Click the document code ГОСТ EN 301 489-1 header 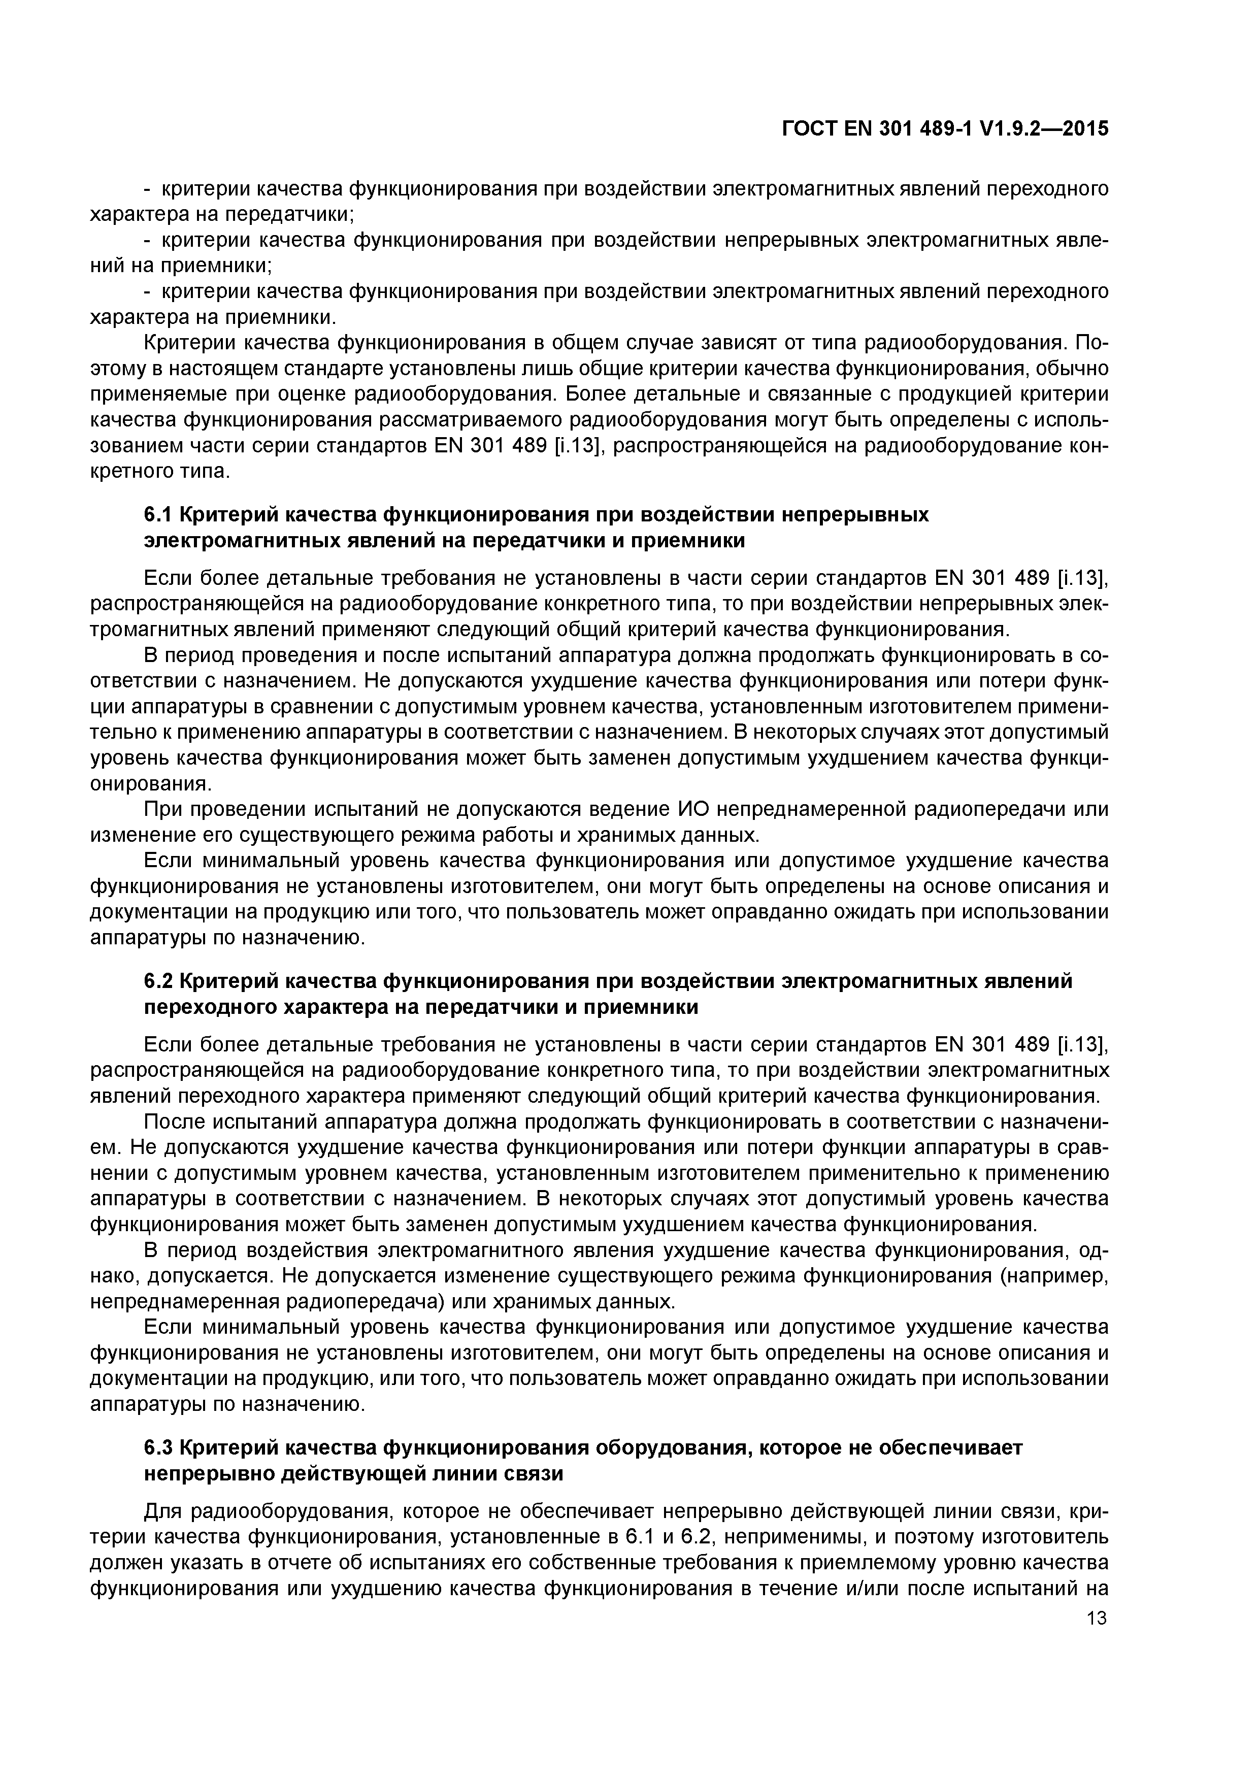[945, 129]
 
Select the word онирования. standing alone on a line [150, 783]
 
